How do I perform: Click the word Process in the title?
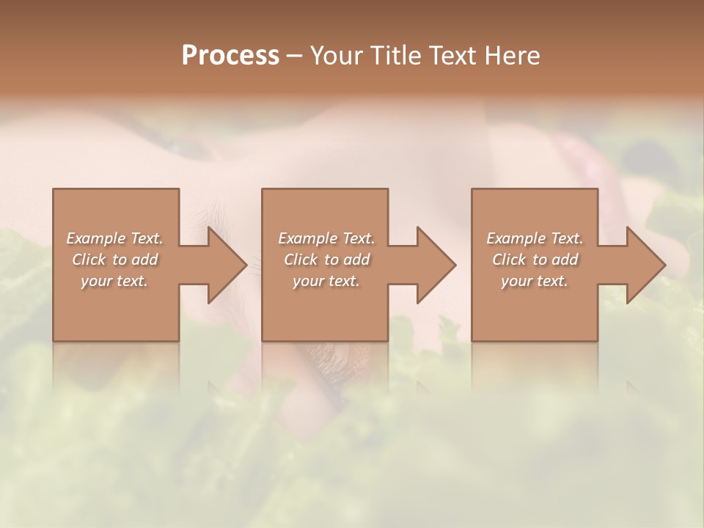click(x=230, y=56)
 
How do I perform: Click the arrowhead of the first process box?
click(x=226, y=265)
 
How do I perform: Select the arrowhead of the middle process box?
click(x=435, y=265)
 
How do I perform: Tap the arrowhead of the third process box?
click(x=645, y=265)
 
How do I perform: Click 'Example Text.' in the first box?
click(x=114, y=238)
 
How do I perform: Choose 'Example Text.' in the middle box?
click(x=326, y=238)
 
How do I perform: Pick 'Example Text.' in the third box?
click(x=535, y=238)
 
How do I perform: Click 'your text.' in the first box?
click(x=114, y=281)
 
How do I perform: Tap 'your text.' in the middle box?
click(x=326, y=281)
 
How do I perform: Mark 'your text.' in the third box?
click(x=535, y=281)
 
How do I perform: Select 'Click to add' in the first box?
click(x=114, y=260)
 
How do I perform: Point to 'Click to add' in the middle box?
click(x=326, y=260)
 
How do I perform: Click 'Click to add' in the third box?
click(x=535, y=260)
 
